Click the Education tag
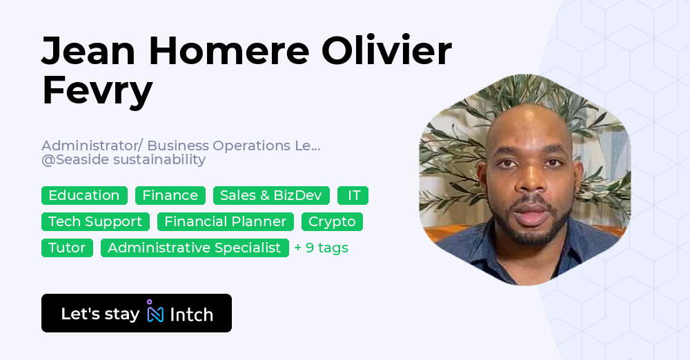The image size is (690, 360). coord(84,196)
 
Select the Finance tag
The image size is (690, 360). coord(170,196)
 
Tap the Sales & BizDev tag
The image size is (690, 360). coord(270,196)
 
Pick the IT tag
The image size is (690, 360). coord(353,196)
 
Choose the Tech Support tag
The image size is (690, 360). coord(95,222)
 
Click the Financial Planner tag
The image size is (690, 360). coord(225,222)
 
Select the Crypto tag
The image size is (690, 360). coord(332,222)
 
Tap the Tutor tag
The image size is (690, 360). coord(67,248)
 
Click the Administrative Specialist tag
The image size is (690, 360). coord(195,248)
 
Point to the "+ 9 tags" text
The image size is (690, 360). coord(321,248)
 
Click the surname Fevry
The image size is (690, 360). coord(97,90)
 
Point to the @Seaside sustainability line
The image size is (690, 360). coord(124,160)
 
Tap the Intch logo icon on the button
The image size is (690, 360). coord(155,312)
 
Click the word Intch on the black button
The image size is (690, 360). coord(191,314)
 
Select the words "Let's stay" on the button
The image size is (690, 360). coord(100,314)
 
